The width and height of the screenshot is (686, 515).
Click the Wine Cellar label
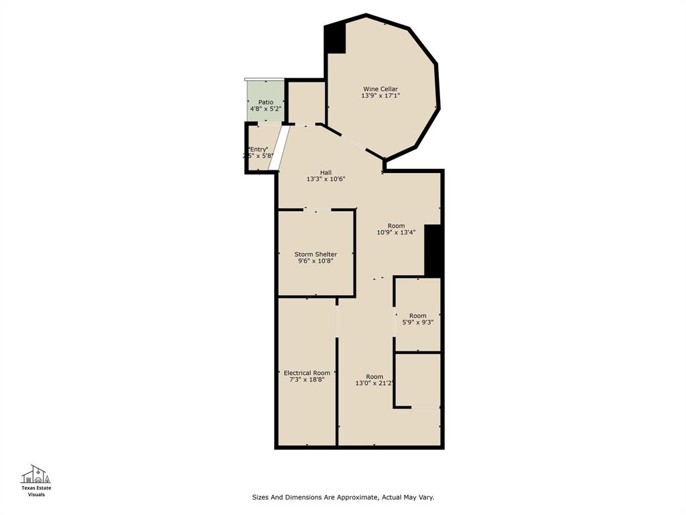point(381,89)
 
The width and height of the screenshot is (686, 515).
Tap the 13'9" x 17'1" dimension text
point(381,96)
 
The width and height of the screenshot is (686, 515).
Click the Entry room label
point(258,149)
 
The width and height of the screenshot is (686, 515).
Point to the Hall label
point(326,172)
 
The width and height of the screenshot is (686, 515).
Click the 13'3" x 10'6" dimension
point(326,179)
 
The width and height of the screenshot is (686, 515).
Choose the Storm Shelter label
point(316,254)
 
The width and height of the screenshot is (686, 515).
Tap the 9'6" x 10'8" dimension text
point(316,261)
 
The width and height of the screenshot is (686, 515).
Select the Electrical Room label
point(307,373)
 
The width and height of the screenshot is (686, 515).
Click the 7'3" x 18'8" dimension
point(307,380)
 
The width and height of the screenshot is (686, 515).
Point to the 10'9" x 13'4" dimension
point(396,233)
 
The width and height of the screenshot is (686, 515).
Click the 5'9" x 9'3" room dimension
point(417,323)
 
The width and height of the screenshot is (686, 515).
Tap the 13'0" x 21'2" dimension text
point(374,384)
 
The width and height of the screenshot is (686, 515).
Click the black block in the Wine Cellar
point(335,38)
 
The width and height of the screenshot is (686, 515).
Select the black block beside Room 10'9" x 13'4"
point(433,250)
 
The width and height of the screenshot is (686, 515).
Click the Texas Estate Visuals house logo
point(36,474)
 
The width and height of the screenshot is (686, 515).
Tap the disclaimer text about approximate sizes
point(343,498)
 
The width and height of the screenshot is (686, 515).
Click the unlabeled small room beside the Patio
point(306,102)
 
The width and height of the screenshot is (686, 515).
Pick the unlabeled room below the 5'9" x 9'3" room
point(417,379)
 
